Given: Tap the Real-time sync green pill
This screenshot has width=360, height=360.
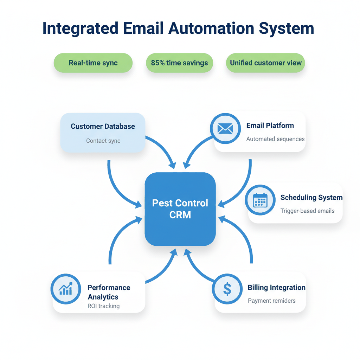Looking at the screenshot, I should click(x=93, y=63).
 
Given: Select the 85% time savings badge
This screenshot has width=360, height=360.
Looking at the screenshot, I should click(x=179, y=63).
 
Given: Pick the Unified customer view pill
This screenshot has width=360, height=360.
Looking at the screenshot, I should click(x=265, y=63).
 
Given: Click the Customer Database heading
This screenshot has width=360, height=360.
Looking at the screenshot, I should click(x=103, y=127).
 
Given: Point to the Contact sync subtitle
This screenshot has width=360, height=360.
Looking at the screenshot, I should click(x=103, y=141).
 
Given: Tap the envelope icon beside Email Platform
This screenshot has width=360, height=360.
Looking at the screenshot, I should click(x=225, y=129).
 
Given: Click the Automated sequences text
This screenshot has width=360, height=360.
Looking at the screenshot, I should click(x=275, y=139).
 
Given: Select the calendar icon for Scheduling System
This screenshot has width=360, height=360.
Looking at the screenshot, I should click(x=260, y=200).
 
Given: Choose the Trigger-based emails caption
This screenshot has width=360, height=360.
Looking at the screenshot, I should click(x=307, y=211).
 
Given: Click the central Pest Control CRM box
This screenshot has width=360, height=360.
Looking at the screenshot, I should click(x=180, y=209).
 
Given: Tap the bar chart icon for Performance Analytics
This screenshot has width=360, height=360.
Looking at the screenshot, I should click(x=66, y=289).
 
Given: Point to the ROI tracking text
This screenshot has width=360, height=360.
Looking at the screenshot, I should click(x=103, y=306).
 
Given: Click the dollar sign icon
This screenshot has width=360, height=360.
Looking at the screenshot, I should click(x=227, y=289).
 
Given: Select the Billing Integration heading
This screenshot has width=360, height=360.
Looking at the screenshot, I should click(x=276, y=288).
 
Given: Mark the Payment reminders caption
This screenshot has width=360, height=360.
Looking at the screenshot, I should click(x=271, y=301).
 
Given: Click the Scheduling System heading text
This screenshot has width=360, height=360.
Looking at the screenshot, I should click(x=311, y=198).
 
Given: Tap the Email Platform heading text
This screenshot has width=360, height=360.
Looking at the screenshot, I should click(x=270, y=126).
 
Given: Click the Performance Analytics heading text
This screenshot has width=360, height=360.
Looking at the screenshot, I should click(x=108, y=292).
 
